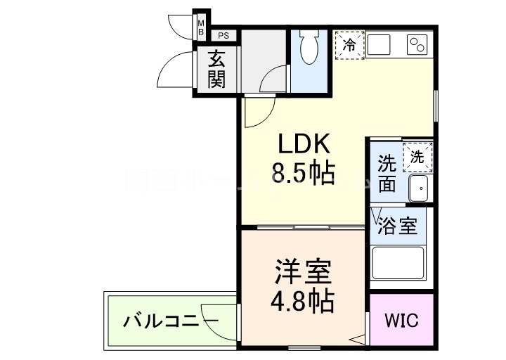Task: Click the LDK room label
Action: coord(304,144)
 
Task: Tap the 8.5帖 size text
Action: coord(304,172)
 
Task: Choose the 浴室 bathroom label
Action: coord(398,226)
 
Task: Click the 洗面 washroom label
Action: coord(387,174)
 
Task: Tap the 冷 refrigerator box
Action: coord(349,44)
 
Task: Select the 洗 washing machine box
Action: coord(417,157)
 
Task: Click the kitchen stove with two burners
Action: coord(417,44)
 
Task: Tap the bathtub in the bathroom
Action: coord(398,263)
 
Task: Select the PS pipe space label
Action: coord(223,34)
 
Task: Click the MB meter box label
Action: coord(201,27)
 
